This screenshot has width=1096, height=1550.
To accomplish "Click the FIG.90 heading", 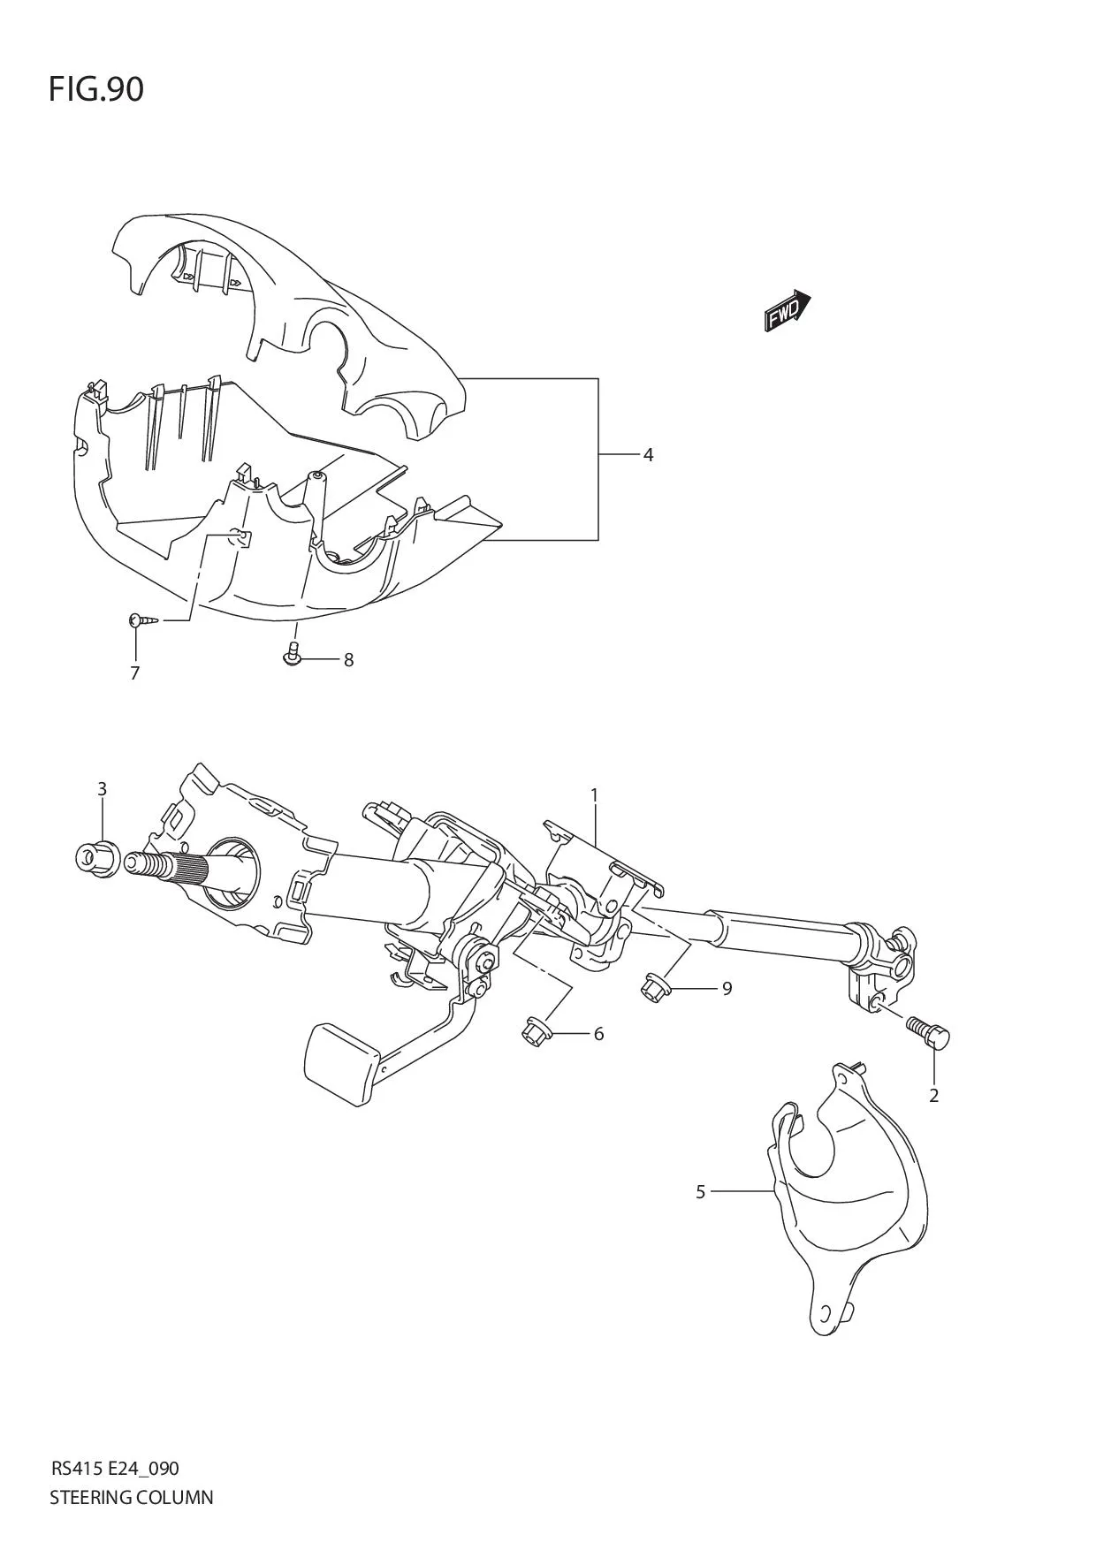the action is [x=96, y=89].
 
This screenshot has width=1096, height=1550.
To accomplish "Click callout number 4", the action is [x=648, y=455].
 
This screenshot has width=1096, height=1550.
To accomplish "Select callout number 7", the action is [x=134, y=673].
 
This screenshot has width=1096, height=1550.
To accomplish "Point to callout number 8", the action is [x=348, y=659].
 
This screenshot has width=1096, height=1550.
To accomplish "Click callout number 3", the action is [x=102, y=788].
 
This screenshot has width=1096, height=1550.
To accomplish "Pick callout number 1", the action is [x=595, y=795].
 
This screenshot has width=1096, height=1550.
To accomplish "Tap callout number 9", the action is [x=727, y=988].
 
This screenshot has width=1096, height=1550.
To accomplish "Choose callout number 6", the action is [x=598, y=1034].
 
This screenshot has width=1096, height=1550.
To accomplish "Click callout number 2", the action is [x=933, y=1096].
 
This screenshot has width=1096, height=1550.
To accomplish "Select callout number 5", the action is [x=700, y=1192].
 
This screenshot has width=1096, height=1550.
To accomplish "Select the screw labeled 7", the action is [x=144, y=620].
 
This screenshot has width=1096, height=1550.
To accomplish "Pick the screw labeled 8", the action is [x=293, y=655].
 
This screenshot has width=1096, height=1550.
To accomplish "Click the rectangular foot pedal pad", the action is [x=340, y=1065].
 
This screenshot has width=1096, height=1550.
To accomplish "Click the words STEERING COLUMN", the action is [x=131, y=1497].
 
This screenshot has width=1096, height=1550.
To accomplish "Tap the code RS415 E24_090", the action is [x=115, y=1469].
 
